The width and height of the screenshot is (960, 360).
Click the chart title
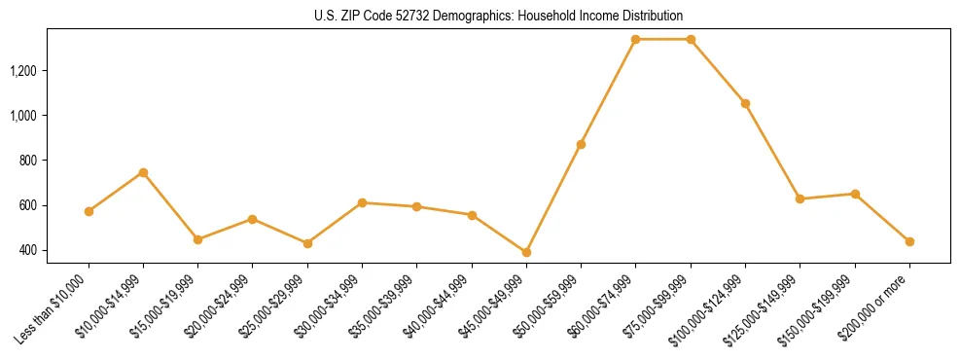499,16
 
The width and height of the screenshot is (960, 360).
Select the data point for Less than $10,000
89,211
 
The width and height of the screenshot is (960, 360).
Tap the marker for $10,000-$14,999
143,172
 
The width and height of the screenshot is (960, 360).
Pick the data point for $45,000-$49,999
526,252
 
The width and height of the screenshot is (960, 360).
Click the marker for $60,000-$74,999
635,39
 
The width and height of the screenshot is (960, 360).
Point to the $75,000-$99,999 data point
691,39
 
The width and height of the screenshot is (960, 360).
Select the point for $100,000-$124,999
745,103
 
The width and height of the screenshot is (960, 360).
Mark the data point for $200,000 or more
909,241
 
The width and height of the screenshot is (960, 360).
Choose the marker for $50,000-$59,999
581,144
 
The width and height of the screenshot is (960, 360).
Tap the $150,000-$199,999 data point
855,194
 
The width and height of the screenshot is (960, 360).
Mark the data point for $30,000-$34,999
362,202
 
